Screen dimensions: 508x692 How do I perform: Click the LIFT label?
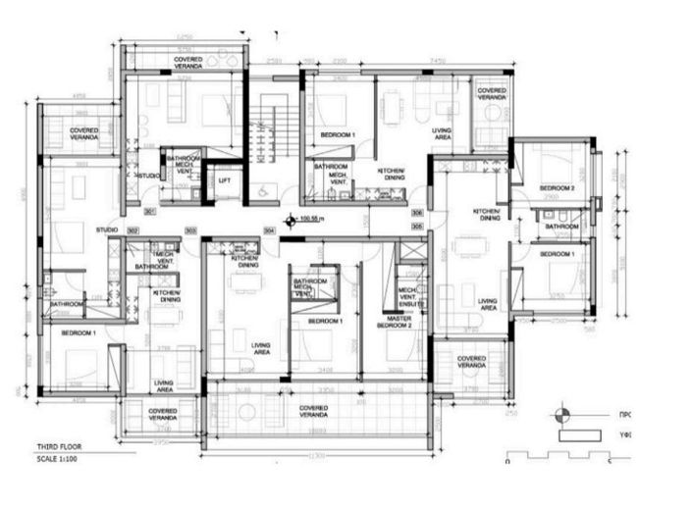[225, 181]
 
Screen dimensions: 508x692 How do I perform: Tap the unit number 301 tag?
[150, 211]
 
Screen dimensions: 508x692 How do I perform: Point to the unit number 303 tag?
[190, 230]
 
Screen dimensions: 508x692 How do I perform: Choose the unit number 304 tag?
[269, 230]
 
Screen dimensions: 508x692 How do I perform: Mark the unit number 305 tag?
[417, 226]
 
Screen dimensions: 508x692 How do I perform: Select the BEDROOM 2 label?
[558, 187]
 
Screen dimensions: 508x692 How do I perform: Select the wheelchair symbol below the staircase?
[263, 190]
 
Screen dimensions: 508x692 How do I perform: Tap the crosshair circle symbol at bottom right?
[563, 413]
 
